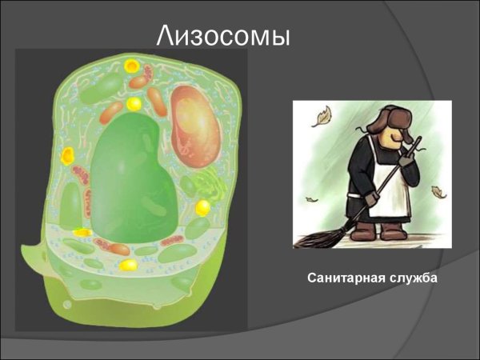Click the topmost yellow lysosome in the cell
130,66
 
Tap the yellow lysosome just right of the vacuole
203,207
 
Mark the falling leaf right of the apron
438,192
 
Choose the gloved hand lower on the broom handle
372,196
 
